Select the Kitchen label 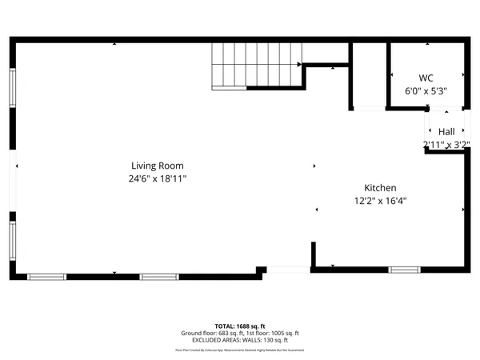(x=381, y=187)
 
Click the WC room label (x=426, y=78)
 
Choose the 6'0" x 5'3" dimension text (x=426, y=91)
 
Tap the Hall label (x=446, y=131)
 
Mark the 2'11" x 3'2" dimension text (x=446, y=145)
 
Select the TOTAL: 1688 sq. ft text (x=239, y=326)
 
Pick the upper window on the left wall (x=12, y=86)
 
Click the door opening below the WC (x=369, y=108)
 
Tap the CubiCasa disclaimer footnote (x=239, y=350)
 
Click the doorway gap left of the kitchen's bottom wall (x=288, y=270)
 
